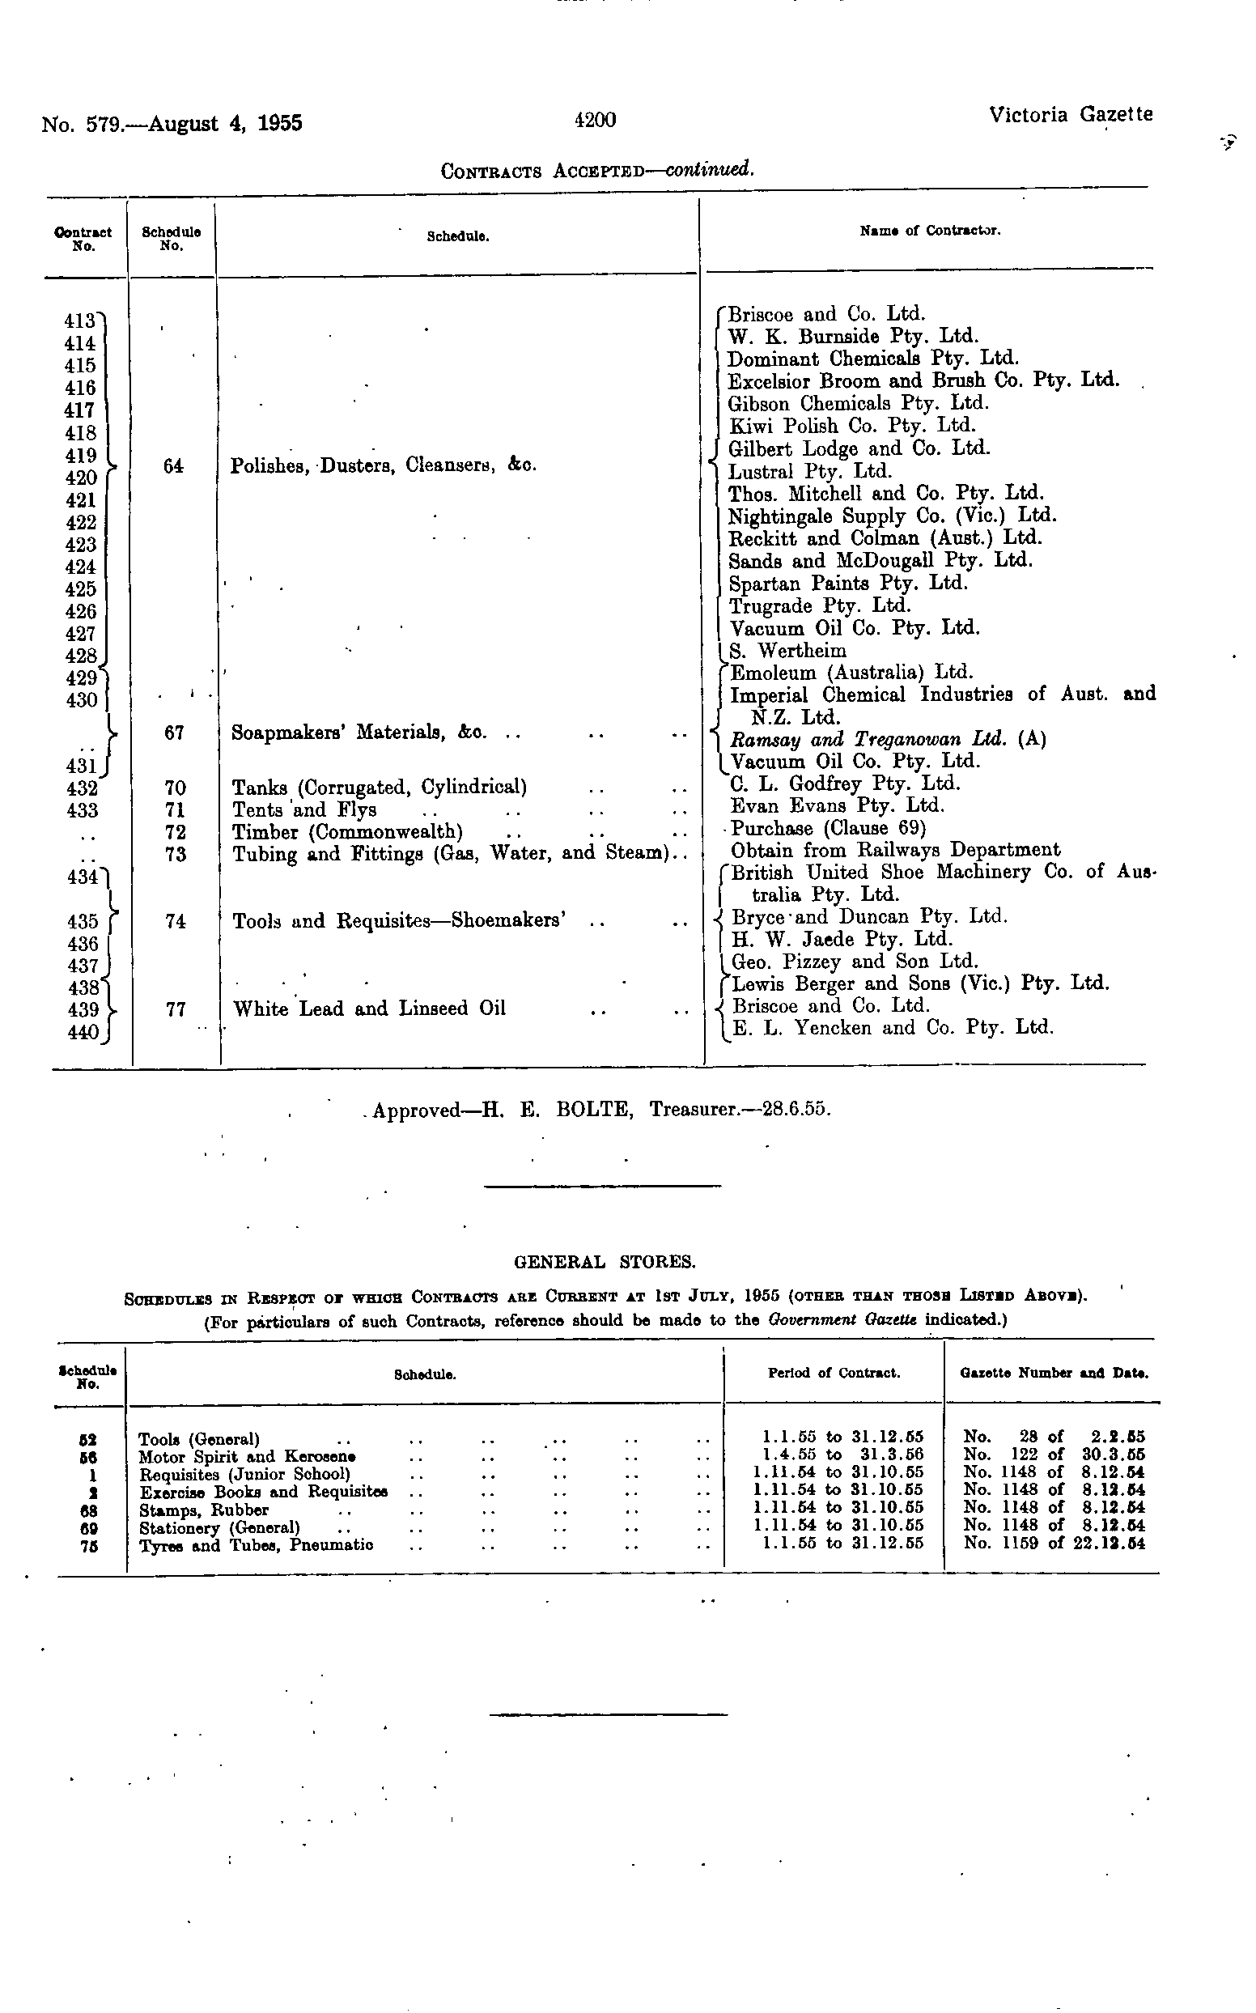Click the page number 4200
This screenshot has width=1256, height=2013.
click(x=595, y=121)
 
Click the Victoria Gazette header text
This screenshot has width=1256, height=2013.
click(x=1070, y=115)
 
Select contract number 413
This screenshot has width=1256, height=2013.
click(x=80, y=321)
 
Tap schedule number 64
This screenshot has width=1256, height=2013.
click(x=173, y=467)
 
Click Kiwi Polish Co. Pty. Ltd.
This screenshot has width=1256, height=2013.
click(x=851, y=427)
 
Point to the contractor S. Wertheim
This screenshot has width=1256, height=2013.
click(x=787, y=651)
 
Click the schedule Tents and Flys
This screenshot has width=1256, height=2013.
click(x=304, y=810)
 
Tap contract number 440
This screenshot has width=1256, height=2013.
click(x=82, y=1033)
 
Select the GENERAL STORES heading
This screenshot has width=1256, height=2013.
click(x=605, y=1263)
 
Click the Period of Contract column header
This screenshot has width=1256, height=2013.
click(x=834, y=1374)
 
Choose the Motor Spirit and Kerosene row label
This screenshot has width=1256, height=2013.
click(x=247, y=1457)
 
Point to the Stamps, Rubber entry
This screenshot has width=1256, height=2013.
click(x=203, y=1510)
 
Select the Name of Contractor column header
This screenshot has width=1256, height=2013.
click(x=930, y=231)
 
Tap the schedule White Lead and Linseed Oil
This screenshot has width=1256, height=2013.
click(x=369, y=1009)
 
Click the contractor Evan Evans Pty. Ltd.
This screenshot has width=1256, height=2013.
click(x=838, y=806)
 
